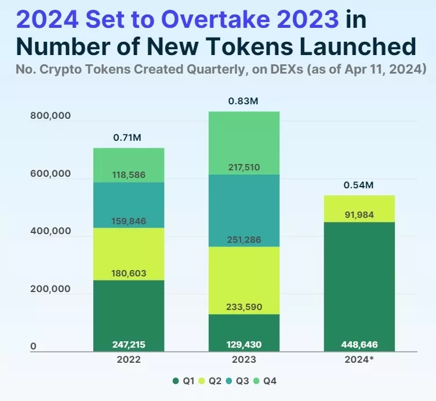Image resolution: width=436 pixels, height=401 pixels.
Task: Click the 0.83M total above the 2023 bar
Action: coord(244,101)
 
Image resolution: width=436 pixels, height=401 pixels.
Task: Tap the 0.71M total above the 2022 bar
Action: coord(128,138)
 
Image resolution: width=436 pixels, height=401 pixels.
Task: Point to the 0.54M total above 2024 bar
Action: coord(359,185)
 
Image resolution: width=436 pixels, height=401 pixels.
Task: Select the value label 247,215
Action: coord(129,345)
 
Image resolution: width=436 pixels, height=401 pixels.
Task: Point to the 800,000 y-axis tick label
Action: coord(50,115)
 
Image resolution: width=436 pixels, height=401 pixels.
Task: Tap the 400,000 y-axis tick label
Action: coord(50,231)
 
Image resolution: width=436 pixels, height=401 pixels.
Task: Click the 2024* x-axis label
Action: coord(359,359)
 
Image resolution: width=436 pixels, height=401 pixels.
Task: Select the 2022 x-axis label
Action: coord(129,359)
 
